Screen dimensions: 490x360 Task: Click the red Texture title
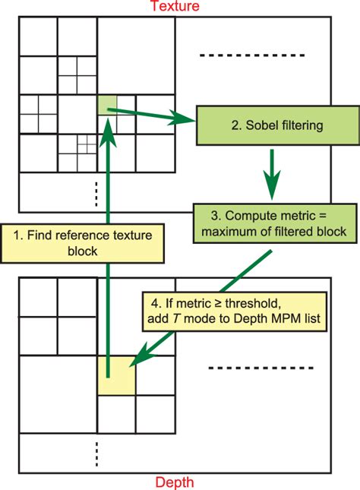click(x=175, y=7)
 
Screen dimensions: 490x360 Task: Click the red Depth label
click(x=174, y=482)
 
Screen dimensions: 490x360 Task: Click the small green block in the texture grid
click(x=107, y=104)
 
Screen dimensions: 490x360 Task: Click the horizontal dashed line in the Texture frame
click(x=252, y=55)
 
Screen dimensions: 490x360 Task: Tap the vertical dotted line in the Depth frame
click(x=96, y=453)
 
